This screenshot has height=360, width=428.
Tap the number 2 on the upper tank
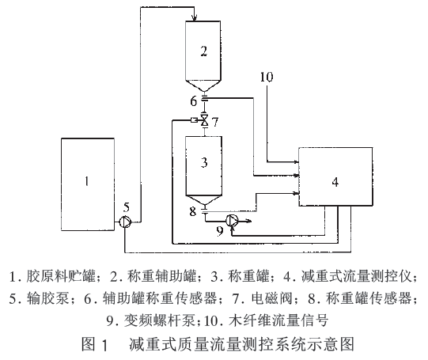click(x=204, y=52)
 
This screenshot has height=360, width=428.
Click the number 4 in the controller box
click(x=335, y=182)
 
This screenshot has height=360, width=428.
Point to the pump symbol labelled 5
click(x=126, y=224)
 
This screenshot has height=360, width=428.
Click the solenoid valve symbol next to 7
click(x=204, y=119)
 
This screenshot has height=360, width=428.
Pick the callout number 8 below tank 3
click(x=191, y=211)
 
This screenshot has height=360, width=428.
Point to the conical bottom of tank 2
click(x=204, y=85)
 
